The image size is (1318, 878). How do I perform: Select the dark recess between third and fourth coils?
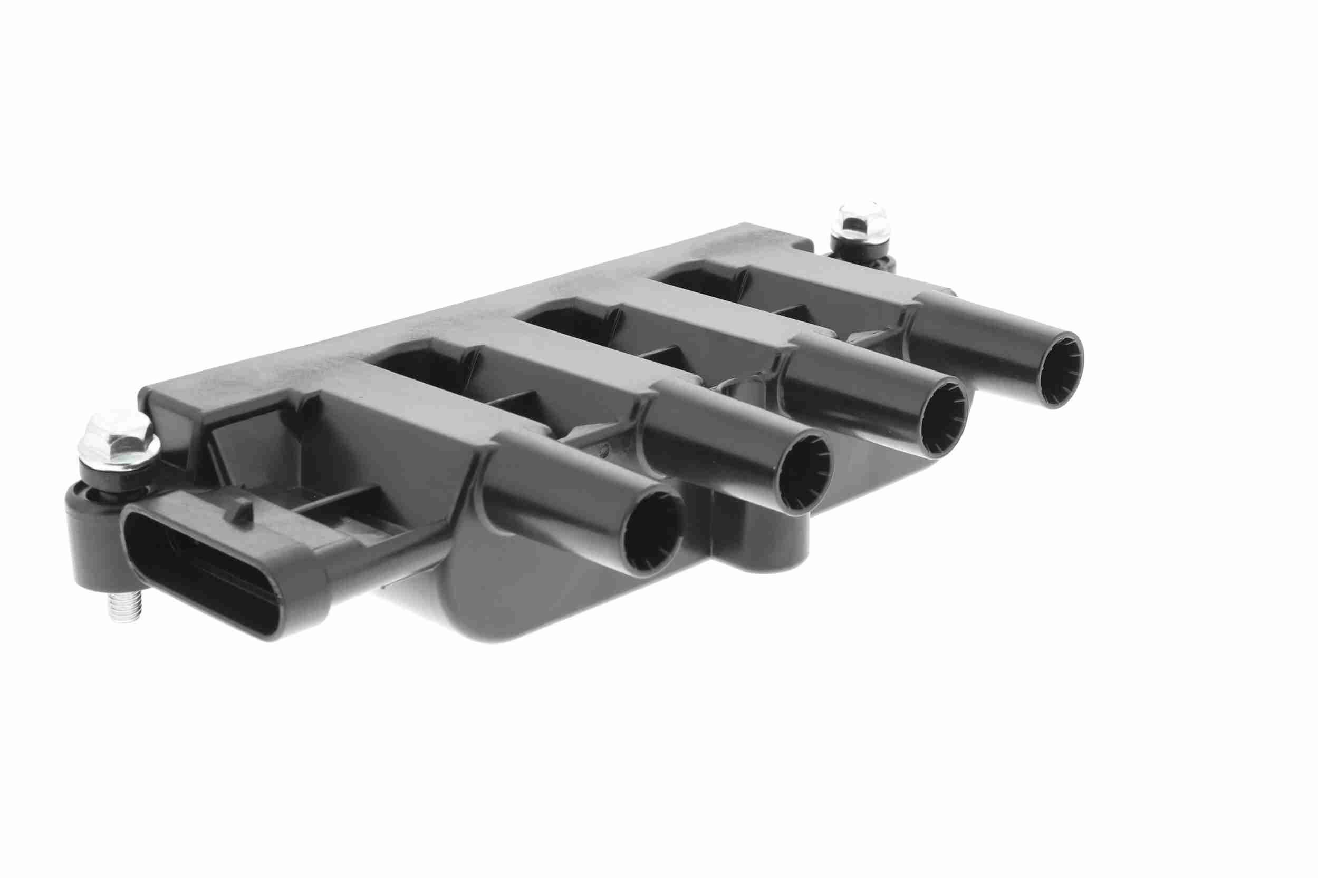[700, 280]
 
